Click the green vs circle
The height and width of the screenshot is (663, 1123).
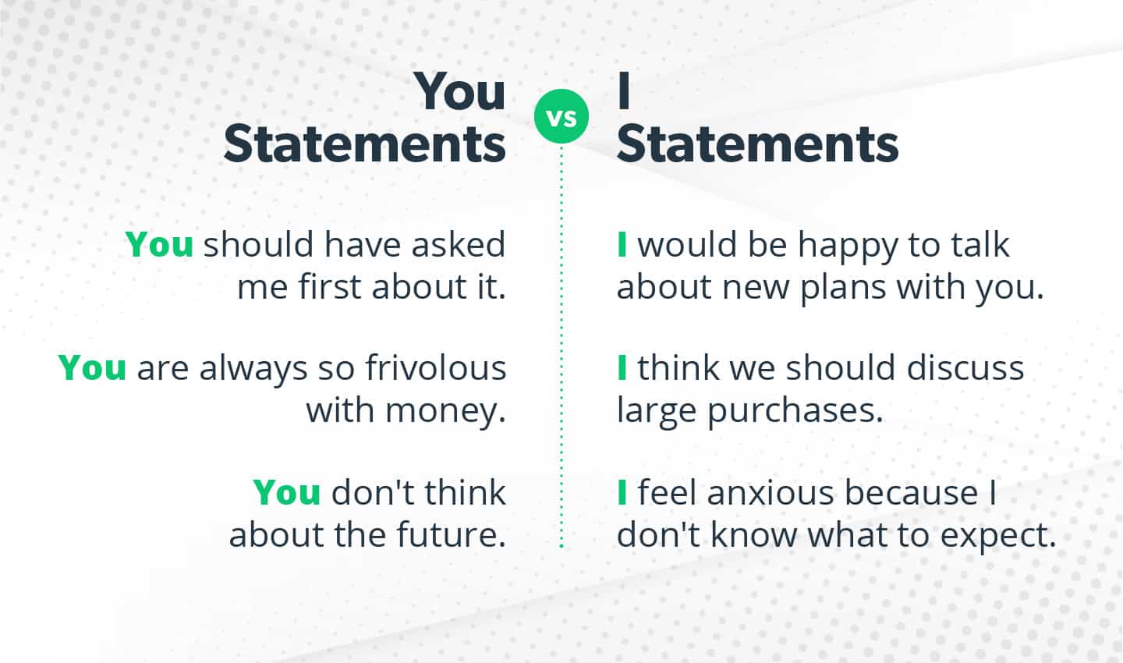click(561, 117)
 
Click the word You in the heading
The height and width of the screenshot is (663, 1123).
click(460, 92)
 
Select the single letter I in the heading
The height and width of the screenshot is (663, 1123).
click(624, 92)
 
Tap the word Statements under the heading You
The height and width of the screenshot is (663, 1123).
click(365, 144)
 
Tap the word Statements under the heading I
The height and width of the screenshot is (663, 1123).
click(757, 144)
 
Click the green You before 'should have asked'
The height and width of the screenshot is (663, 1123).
click(159, 244)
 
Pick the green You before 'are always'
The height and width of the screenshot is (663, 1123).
click(92, 367)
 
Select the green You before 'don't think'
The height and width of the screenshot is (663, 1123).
click(287, 492)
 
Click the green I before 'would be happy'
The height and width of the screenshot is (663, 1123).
click(622, 244)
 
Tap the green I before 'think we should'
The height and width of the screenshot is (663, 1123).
click(622, 367)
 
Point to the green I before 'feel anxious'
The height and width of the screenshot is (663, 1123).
click(622, 492)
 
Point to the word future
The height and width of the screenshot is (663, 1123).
click(451, 534)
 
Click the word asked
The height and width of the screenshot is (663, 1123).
click(459, 244)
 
